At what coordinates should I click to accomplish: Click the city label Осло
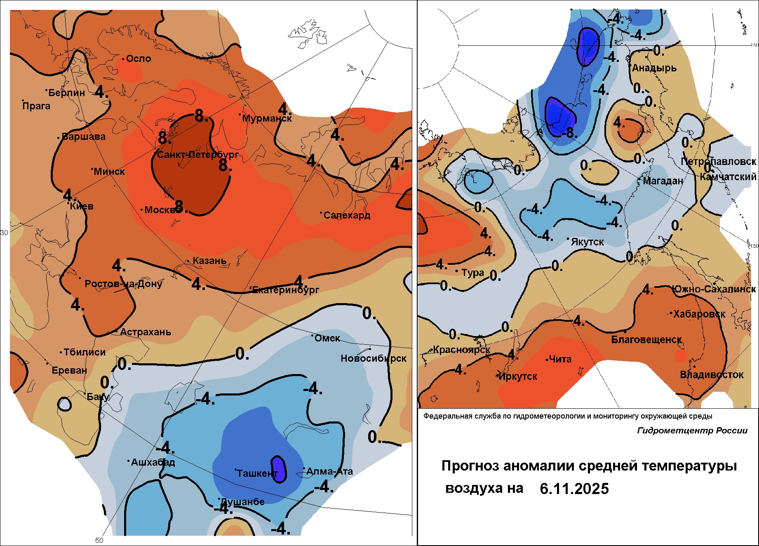pyautogui.click(x=139, y=59)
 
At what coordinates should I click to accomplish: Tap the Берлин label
pyautogui.click(x=66, y=92)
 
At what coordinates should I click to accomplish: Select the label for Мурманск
pyautogui.click(x=267, y=118)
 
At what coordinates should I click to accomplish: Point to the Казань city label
pyautogui.click(x=209, y=261)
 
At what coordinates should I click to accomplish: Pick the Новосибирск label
pyautogui.click(x=373, y=358)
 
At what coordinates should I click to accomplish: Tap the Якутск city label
pyautogui.click(x=587, y=242)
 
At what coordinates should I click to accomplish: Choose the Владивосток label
pyautogui.click(x=712, y=375)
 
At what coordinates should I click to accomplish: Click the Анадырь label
pyautogui.click(x=654, y=68)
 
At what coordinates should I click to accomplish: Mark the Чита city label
pyautogui.click(x=560, y=359)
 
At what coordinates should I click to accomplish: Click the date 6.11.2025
pyautogui.click(x=574, y=489)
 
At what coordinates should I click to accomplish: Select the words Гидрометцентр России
pyautogui.click(x=692, y=431)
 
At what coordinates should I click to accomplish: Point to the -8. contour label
pyautogui.click(x=569, y=132)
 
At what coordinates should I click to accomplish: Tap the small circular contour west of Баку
pyautogui.click(x=64, y=404)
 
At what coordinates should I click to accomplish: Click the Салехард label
pyautogui.click(x=347, y=215)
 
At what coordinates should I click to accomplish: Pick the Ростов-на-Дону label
pyautogui.click(x=123, y=284)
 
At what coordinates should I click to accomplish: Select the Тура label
pyautogui.click(x=472, y=273)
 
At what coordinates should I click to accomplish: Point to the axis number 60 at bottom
pyautogui.click(x=99, y=540)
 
